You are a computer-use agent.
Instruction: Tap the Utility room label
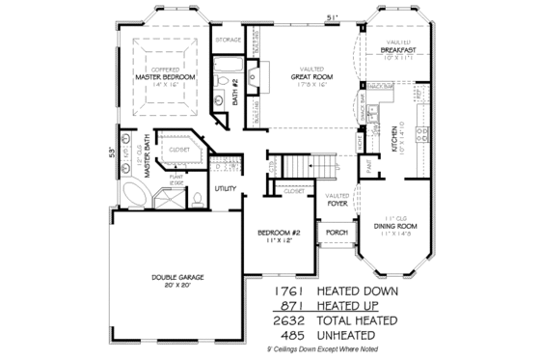[x=227, y=188]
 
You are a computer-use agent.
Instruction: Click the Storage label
[x=228, y=40]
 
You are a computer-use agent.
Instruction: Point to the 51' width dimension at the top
[x=333, y=16]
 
